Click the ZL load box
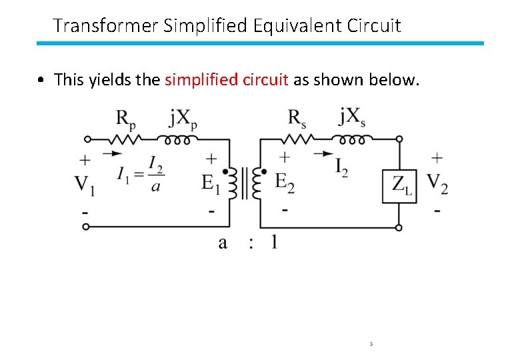tap(399, 185)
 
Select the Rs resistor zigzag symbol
tap(297, 140)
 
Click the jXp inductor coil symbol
tap(177, 140)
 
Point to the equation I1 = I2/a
tap(140, 175)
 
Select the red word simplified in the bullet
tap(193, 80)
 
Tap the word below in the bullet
tap(397, 80)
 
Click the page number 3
tap(370, 344)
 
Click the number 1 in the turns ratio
tap(274, 241)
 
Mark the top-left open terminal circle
tap(85, 139)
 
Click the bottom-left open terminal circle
tap(85, 227)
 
